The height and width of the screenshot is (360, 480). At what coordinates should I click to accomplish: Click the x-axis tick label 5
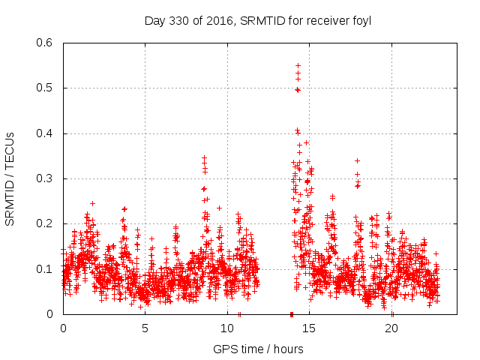click(x=145, y=328)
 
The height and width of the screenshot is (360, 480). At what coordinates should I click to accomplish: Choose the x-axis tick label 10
click(x=227, y=328)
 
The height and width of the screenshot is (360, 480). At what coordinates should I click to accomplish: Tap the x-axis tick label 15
click(x=310, y=328)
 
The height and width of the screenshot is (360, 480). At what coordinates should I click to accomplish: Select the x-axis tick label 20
click(x=391, y=328)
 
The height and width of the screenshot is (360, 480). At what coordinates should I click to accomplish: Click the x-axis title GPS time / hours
click(x=258, y=349)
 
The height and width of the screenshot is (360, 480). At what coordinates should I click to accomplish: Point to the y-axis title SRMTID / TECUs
click(x=10, y=178)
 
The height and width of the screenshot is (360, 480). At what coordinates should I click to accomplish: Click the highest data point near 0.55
click(x=298, y=65)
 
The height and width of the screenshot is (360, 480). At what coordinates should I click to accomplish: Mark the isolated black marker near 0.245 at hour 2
click(x=92, y=203)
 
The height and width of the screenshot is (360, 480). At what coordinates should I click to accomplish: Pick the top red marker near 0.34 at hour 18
click(x=357, y=160)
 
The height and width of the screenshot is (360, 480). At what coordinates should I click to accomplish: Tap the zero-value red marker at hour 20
click(x=392, y=313)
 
